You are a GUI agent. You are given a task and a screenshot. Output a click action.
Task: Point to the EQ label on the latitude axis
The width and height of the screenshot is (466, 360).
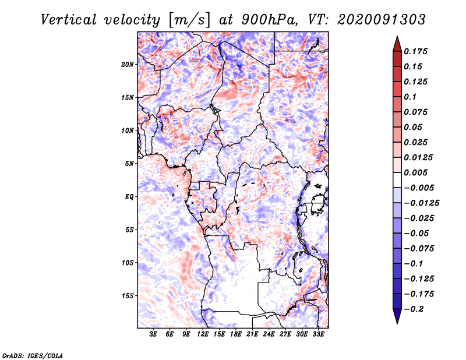pos(129,197)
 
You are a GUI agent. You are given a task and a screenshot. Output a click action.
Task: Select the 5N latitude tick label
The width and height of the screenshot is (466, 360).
pos(129,164)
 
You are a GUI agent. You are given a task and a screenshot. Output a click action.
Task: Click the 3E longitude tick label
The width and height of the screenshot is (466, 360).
pos(154,334)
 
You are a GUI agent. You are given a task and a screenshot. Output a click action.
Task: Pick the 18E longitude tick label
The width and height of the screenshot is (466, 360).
pos(236,334)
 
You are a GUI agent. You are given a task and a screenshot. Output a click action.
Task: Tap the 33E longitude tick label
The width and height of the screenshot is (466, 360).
pos(319,334)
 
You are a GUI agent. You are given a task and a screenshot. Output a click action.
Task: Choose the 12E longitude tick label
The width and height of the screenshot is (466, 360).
pos(203,334)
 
